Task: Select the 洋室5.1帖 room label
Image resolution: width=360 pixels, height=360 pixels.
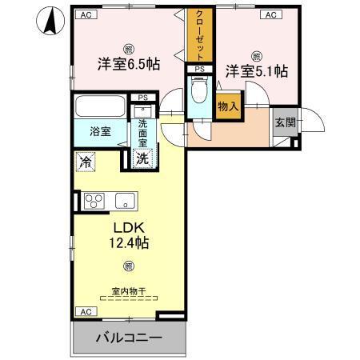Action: (x=255, y=71)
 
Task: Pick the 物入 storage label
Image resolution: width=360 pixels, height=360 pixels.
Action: (x=227, y=106)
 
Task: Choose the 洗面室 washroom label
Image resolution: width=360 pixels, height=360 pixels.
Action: (x=143, y=129)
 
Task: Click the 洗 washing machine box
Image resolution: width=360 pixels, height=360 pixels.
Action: (x=141, y=158)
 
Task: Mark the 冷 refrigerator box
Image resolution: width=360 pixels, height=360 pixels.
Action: (x=86, y=162)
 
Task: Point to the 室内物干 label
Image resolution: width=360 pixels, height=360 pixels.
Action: (x=123, y=292)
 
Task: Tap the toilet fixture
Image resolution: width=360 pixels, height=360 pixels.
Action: (x=199, y=94)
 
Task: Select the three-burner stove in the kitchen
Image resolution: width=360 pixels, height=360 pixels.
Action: (x=94, y=201)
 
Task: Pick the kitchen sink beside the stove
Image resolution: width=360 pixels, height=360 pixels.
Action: (x=125, y=201)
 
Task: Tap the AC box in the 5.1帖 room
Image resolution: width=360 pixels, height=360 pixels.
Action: (x=270, y=14)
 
